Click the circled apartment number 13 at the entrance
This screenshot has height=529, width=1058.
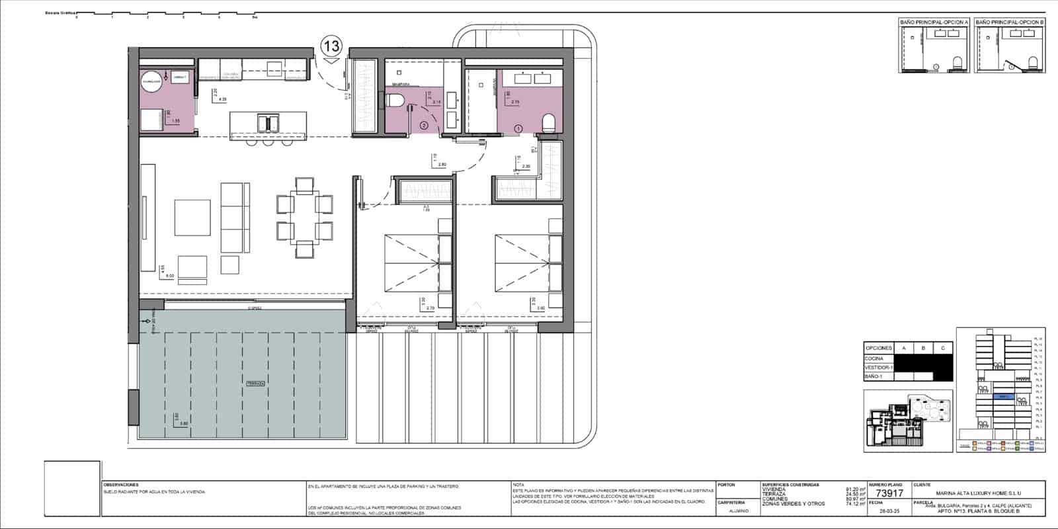[x=331, y=46]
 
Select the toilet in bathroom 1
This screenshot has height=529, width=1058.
[x=548, y=122]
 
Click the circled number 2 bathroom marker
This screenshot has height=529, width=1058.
[x=424, y=124]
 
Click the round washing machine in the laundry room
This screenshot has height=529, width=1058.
[x=152, y=81]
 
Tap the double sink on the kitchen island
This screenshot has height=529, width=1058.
[x=268, y=124]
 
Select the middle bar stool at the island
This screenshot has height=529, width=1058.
[x=268, y=142]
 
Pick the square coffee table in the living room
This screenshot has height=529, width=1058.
[x=192, y=218]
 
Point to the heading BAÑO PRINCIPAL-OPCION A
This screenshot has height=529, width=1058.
[x=934, y=22]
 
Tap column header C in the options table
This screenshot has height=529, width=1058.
[x=942, y=348]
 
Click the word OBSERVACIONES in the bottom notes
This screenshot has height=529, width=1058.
[x=122, y=485]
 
